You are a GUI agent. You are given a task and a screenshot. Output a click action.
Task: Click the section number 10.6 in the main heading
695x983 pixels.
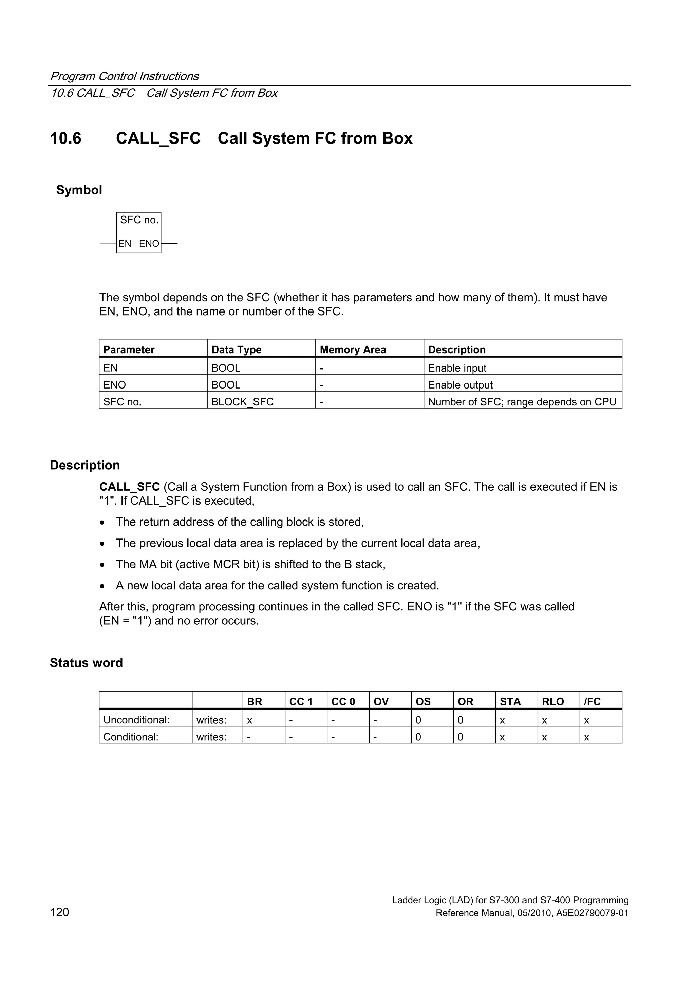65,138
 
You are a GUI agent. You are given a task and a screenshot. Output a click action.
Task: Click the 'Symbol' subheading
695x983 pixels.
79,190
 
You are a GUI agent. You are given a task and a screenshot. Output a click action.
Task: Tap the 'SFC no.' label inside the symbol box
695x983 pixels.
139,220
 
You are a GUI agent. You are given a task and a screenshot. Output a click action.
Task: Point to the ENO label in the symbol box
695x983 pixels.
149,244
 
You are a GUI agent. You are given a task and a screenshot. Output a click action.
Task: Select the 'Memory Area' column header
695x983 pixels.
353,350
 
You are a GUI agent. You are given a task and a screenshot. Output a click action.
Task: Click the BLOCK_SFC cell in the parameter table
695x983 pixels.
242,402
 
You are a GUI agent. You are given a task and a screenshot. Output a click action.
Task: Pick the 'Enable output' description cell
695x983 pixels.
461,385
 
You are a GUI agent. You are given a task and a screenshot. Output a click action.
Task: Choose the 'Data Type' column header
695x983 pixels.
237,350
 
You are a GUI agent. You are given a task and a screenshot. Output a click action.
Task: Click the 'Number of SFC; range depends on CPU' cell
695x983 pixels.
522,402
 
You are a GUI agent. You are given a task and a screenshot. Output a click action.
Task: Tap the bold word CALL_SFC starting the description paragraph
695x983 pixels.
129,487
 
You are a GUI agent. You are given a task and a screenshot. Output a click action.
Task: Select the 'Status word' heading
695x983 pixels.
86,663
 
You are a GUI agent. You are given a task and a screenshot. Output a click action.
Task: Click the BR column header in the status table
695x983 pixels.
255,702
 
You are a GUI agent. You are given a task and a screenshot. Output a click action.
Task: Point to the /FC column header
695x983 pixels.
592,702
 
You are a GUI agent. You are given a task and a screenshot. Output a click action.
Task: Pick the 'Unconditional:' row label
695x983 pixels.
136,720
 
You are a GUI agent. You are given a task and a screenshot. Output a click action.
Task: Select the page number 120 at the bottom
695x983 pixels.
59,912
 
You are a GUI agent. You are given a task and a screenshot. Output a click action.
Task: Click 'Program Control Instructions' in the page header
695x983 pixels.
124,76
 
